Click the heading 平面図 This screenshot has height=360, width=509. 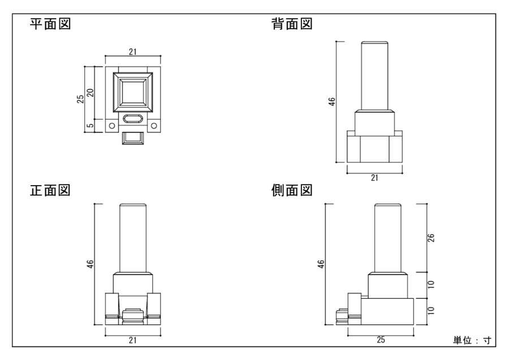(x=50, y=25)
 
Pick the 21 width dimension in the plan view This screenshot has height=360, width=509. (x=132, y=52)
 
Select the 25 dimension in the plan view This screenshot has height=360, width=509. (x=81, y=99)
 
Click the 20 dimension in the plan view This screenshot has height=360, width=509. (x=90, y=92)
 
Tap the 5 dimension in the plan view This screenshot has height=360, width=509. (x=90, y=126)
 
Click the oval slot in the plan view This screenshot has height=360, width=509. (x=133, y=119)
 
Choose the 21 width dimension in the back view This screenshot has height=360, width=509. (x=374, y=177)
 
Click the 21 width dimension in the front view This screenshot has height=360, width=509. (x=132, y=340)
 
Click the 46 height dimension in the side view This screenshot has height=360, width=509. (x=321, y=264)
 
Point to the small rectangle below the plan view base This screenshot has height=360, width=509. (x=132, y=137)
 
